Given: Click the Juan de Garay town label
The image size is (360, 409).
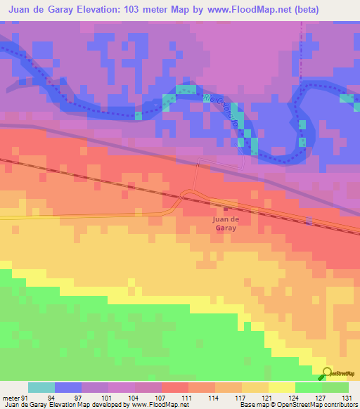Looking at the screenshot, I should pos(225,223).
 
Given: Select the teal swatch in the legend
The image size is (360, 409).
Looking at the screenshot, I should pos(41,387).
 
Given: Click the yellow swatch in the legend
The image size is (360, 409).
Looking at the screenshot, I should pos(281,387).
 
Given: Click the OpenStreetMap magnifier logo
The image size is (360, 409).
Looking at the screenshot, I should pos(327,373).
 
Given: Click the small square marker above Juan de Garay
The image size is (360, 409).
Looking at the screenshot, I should pos(226,208).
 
